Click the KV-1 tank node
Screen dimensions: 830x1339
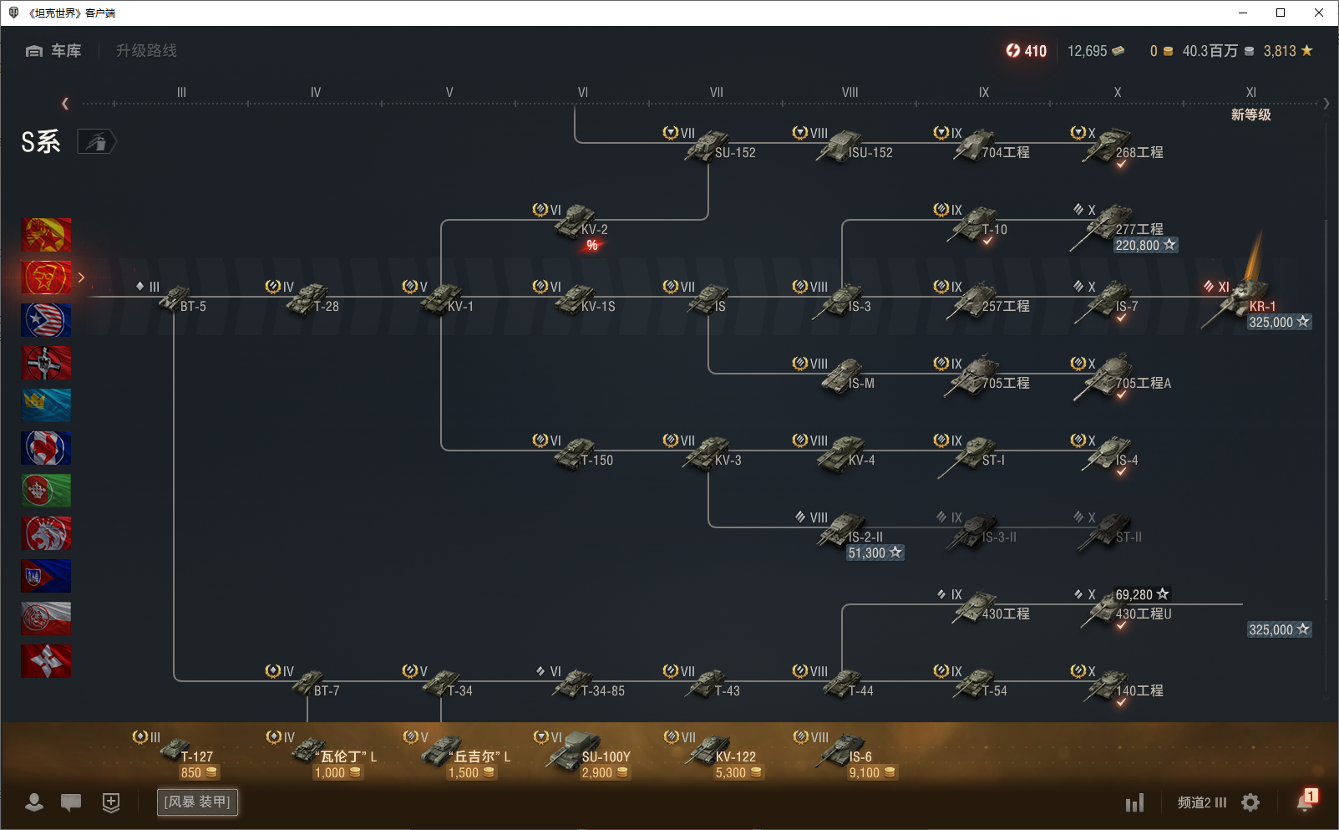444,300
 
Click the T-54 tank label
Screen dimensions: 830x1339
994,691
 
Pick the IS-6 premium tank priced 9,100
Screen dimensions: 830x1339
846,751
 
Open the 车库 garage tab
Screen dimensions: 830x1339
55,51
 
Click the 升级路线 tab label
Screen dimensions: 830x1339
146,51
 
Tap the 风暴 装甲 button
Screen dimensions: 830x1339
197,802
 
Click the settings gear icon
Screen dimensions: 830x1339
1250,802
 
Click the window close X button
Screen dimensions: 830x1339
1319,13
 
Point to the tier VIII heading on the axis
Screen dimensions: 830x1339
850,93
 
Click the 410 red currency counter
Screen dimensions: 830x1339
1027,51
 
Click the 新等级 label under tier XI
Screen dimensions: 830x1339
1250,115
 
